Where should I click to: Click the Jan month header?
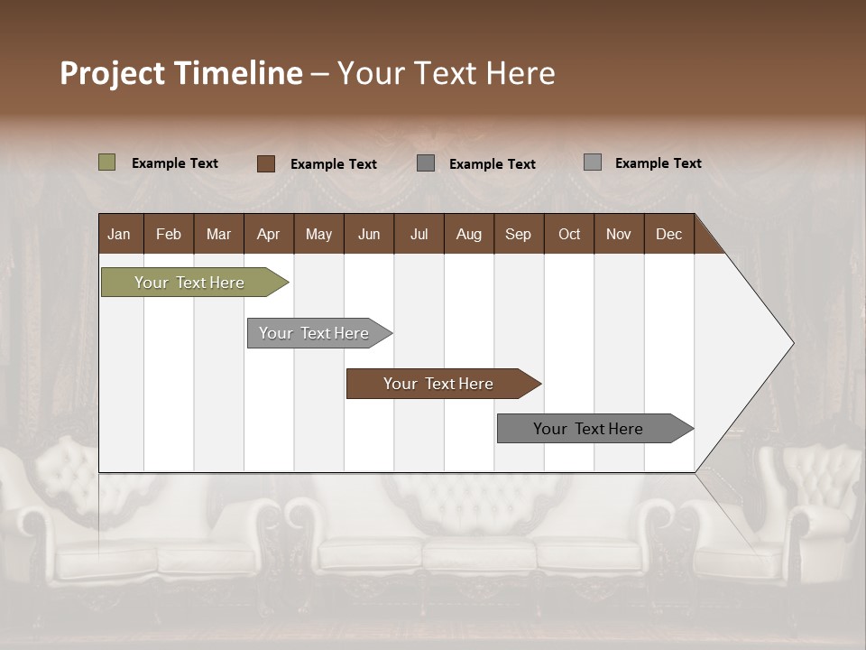click(x=119, y=234)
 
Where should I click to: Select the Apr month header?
click(x=268, y=234)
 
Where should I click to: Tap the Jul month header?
click(x=419, y=234)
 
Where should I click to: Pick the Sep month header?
click(x=518, y=234)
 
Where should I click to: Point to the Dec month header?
click(x=668, y=234)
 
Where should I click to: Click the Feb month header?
click(x=169, y=234)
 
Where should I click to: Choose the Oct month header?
click(x=569, y=234)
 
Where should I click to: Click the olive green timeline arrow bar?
click(x=190, y=283)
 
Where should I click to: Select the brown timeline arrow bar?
click(x=439, y=384)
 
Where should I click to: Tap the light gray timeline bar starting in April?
click(x=315, y=333)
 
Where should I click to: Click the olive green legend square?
click(x=107, y=162)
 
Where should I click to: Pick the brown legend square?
click(x=266, y=163)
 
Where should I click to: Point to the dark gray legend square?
click(x=426, y=163)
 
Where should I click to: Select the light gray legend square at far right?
click(x=593, y=162)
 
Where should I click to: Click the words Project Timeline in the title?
click(x=180, y=73)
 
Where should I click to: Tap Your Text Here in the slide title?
click(x=446, y=73)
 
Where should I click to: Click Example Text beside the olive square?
click(x=175, y=163)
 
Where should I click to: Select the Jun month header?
click(x=369, y=234)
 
